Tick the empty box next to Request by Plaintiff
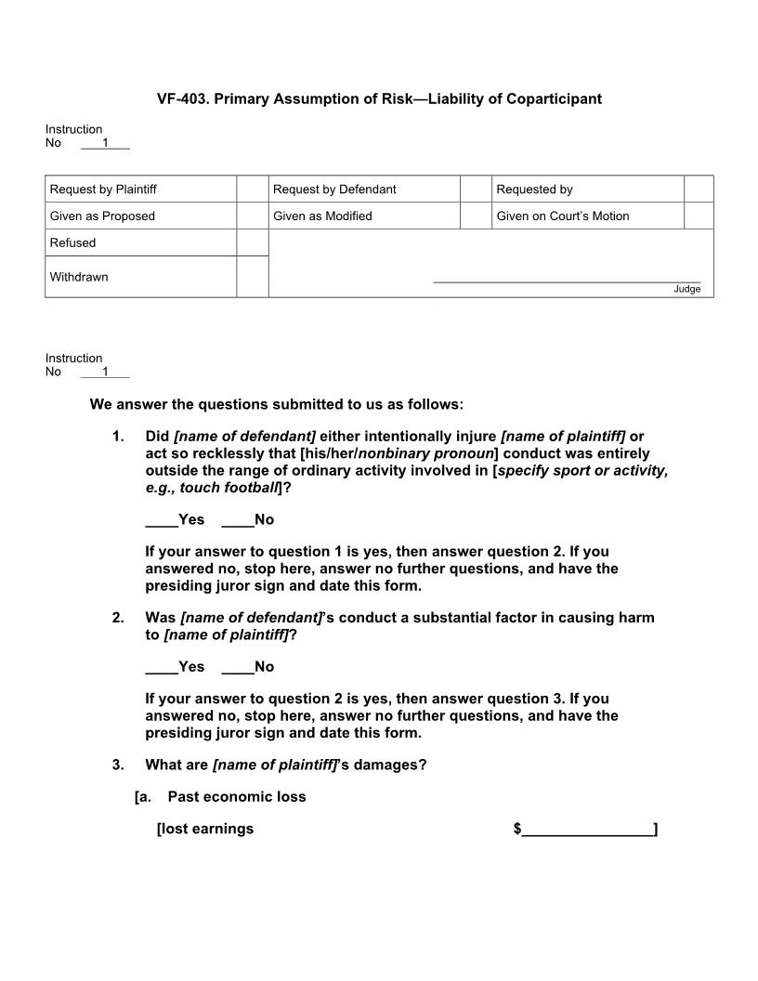click(x=252, y=189)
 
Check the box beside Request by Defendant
click(x=475, y=189)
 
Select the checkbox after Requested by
click(x=699, y=189)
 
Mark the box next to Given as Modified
click(x=475, y=216)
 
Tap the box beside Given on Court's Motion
click(x=699, y=216)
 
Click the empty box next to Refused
click(x=252, y=242)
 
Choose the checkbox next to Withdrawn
click(x=252, y=277)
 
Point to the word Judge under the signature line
click(x=687, y=289)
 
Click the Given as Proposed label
click(x=102, y=216)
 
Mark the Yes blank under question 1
click(x=161, y=520)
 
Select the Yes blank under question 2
click(x=161, y=667)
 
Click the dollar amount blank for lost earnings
click(x=587, y=829)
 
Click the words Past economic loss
click(x=236, y=797)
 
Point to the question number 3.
click(x=118, y=765)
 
